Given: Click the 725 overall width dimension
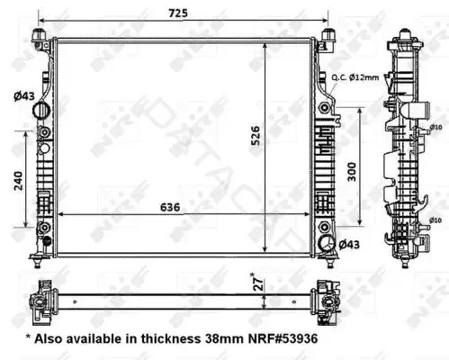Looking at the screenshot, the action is click(178, 13).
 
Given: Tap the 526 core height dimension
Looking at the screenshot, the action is click(256, 136).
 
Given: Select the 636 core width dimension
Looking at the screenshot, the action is click(170, 207).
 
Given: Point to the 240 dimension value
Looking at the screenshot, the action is click(18, 181).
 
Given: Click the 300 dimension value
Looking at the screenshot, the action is click(352, 172).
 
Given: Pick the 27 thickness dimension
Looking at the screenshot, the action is click(259, 283).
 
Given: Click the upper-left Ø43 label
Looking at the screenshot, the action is click(24, 96).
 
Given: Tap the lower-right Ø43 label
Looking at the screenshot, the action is click(349, 245).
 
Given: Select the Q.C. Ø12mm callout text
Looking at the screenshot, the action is click(355, 77).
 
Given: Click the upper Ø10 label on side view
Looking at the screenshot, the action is click(436, 127).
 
